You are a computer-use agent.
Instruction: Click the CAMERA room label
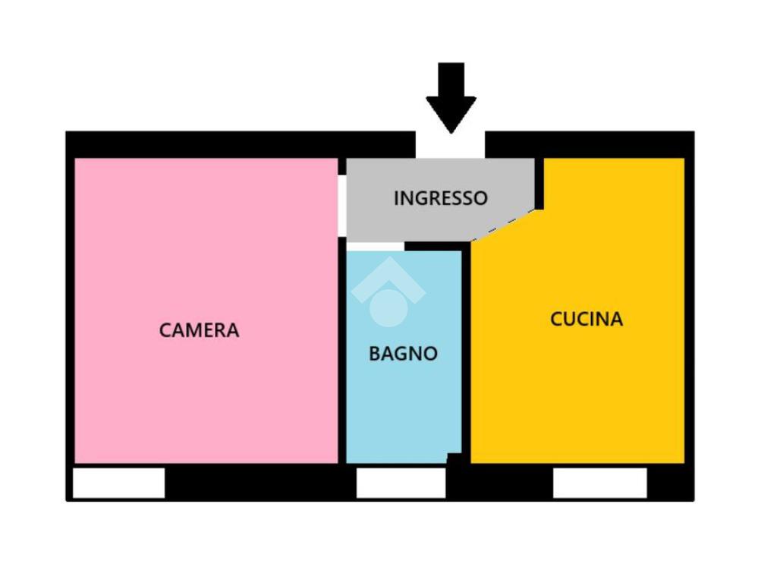pos(199,330)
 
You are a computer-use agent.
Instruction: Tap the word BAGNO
pos(403,354)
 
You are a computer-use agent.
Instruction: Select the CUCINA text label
pos(586,319)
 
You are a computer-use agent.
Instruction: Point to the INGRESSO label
pos(440,198)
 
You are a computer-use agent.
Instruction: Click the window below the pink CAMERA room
pos(119,484)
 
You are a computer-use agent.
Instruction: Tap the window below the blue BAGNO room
pos(401,484)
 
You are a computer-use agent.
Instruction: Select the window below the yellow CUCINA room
pos(599,484)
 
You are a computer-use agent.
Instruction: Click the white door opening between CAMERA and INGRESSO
pos(342,205)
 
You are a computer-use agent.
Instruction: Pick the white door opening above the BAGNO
pos(375,246)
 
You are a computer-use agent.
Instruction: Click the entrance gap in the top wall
pos(450,146)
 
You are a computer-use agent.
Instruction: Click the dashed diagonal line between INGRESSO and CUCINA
pos(503,225)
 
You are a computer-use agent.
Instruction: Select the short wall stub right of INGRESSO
pos(539,183)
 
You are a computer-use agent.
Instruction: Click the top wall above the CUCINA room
pos(589,144)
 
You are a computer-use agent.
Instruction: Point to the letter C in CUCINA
pos(556,319)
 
